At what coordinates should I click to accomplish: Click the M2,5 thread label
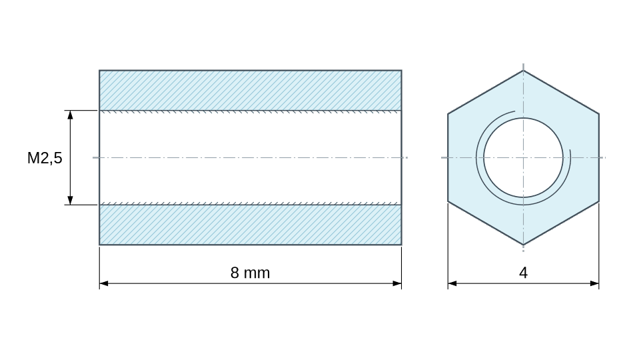pos(45,158)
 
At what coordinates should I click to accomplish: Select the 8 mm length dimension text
pos(251,273)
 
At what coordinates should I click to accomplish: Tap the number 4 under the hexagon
pos(523,273)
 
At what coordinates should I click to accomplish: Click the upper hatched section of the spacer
pos(251,90)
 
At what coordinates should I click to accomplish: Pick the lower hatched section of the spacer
pos(251,225)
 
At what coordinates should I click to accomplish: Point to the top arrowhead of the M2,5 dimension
pos(70,115)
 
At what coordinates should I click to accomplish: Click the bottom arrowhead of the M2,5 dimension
pos(70,200)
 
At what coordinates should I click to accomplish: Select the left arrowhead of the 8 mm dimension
pos(104,283)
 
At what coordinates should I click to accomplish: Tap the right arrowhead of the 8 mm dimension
pos(397,283)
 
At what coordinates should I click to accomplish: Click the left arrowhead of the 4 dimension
pos(452,283)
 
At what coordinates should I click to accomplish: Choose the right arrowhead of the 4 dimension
pos(595,283)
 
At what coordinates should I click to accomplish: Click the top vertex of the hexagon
pos(523,70)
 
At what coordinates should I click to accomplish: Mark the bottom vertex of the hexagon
pos(523,245)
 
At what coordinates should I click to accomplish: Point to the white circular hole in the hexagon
pos(523,157)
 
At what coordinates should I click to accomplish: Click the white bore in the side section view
pos(251,157)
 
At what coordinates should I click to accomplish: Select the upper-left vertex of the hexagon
pos(448,114)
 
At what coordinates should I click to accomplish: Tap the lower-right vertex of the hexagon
pos(599,201)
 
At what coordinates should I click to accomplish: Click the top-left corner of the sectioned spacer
pos(99,70)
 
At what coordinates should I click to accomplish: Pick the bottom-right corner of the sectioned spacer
pos(402,245)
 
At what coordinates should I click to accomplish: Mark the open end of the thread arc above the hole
pos(515,111)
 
